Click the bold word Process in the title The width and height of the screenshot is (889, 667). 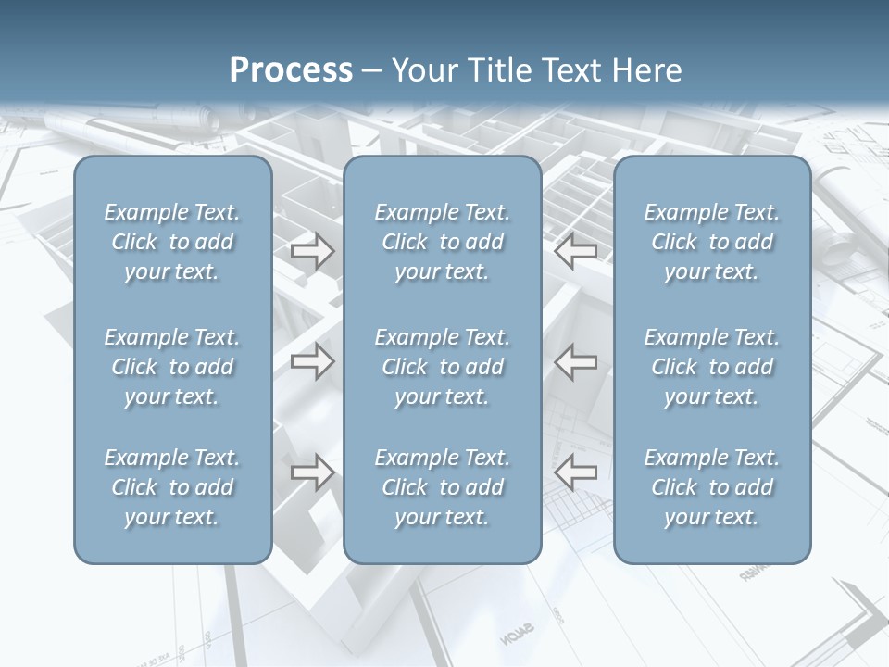[291, 70]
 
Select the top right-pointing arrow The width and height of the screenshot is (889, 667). [312, 251]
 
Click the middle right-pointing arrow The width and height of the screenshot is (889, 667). [312, 361]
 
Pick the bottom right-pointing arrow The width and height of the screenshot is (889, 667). [312, 472]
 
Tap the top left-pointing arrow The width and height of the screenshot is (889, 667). [575, 251]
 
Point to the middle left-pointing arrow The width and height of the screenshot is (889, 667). [575, 361]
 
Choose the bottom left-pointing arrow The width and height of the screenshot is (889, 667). [575, 472]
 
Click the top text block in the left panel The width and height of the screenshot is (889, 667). [172, 242]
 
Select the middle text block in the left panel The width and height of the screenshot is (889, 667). [172, 367]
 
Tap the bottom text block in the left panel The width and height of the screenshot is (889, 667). [172, 487]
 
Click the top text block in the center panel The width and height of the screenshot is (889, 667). [442, 242]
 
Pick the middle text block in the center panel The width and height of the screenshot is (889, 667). [442, 367]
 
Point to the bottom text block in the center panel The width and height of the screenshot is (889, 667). [442, 487]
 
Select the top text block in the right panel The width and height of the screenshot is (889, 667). [711, 242]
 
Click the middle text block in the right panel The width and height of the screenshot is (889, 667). [711, 367]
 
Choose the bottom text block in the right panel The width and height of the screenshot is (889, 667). [711, 487]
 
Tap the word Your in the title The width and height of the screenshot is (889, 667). [421, 70]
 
